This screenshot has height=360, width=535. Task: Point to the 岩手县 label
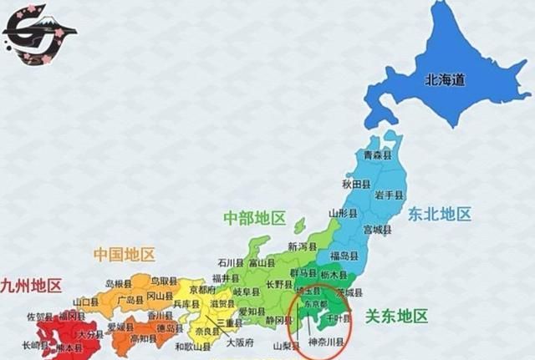tap(389, 195)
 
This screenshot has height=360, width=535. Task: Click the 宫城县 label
tap(377, 228)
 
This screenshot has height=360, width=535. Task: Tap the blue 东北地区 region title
tap(440, 214)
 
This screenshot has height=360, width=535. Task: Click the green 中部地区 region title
tap(254, 218)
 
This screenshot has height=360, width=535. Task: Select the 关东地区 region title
tap(397, 316)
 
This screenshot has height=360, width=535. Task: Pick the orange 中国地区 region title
tap(124, 254)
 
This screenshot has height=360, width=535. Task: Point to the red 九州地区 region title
tap(31, 286)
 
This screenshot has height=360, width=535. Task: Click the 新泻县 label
tap(303, 246)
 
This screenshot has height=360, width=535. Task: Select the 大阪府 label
tap(240, 342)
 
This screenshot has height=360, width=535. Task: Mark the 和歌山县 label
tap(191, 346)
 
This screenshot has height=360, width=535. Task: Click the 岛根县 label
tap(120, 283)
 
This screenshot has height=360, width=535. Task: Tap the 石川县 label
tap(231, 261)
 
